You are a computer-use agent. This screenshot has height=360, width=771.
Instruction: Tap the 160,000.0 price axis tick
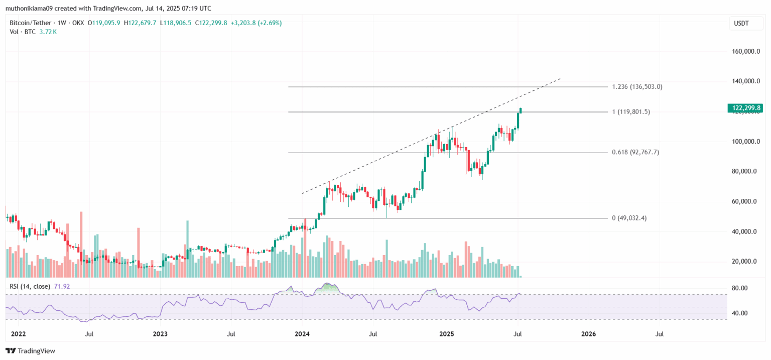(x=746, y=51)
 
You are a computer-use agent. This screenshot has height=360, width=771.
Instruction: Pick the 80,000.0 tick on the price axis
(x=746, y=171)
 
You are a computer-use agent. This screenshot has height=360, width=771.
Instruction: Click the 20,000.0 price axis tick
(x=746, y=262)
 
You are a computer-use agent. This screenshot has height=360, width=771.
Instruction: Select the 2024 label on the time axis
(x=303, y=334)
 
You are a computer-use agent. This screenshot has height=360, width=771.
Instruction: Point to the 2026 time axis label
(x=588, y=334)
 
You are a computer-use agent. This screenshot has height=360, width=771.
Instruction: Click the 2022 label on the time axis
(x=18, y=334)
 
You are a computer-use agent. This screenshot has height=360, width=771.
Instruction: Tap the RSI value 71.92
(x=62, y=286)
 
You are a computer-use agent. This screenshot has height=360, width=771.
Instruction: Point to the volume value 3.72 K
(x=48, y=32)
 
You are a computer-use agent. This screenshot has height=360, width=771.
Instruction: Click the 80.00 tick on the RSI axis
(x=740, y=288)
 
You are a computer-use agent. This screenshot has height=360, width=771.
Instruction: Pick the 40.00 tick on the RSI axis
(x=740, y=313)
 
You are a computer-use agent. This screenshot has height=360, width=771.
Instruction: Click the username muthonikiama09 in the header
(x=32, y=9)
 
